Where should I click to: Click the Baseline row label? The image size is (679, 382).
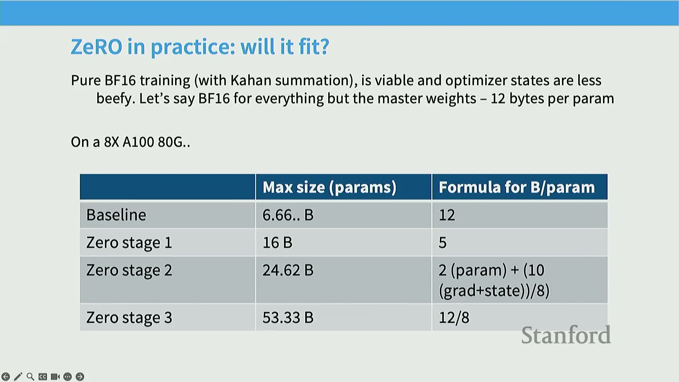tap(116, 215)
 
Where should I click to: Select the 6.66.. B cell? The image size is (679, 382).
tap(288, 215)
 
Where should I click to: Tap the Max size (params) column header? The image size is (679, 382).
tap(329, 187)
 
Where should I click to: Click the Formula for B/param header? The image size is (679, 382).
tap(517, 187)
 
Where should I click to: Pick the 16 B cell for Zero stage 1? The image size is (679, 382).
tap(277, 242)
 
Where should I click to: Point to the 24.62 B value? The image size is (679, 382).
tap(288, 270)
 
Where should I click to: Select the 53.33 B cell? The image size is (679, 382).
tap(288, 317)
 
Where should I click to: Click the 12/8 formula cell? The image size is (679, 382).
tap(454, 317)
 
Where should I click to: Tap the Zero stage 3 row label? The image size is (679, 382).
tap(129, 318)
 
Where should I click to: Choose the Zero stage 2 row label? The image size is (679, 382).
tap(129, 270)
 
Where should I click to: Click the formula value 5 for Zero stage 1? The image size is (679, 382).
tap(442, 242)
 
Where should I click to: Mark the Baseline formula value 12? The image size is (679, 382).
tap(447, 215)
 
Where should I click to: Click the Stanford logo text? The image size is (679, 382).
tap(566, 335)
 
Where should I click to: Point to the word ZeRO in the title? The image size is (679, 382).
tap(97, 46)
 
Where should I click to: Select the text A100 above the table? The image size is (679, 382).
tap(138, 142)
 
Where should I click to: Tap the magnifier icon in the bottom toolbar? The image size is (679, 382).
tap(30, 377)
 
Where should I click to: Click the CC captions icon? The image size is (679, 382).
tap(43, 377)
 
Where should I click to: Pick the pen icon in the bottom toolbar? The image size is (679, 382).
tap(18, 377)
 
